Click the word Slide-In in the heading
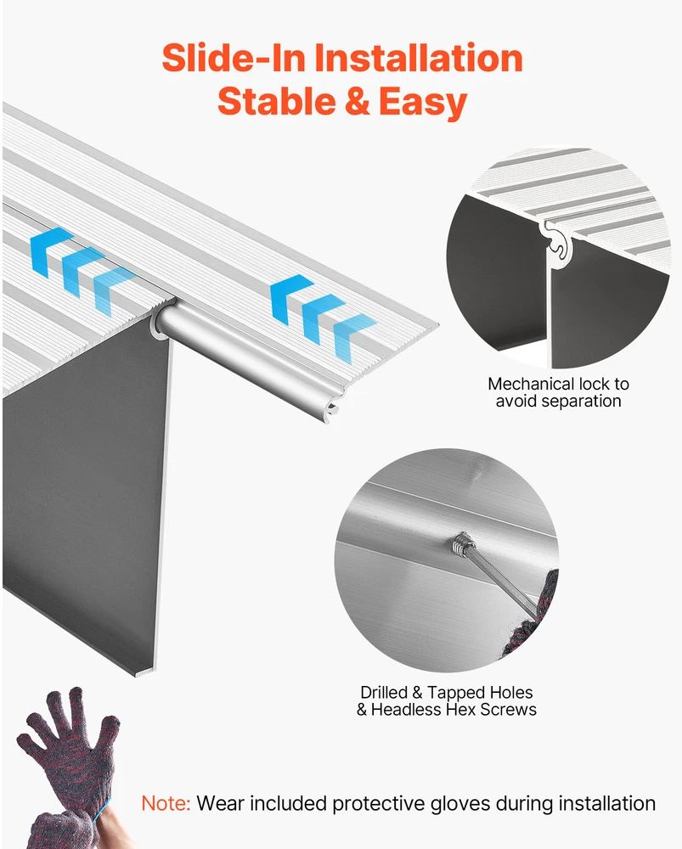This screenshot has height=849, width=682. [234, 58]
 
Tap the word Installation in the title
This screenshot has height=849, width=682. [418, 58]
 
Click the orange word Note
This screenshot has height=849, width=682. [166, 803]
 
